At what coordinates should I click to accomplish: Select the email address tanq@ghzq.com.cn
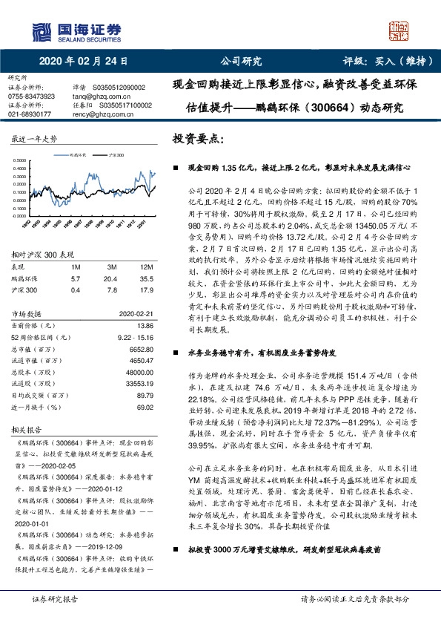102,96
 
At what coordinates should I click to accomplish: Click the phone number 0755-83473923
31,96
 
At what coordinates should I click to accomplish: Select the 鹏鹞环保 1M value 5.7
75,278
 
